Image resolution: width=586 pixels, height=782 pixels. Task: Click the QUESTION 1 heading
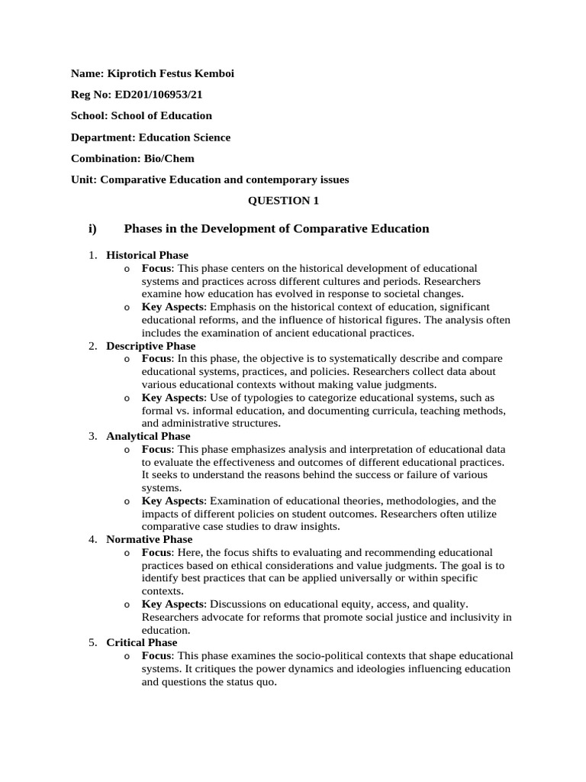(284, 201)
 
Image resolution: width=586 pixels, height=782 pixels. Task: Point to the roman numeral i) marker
(94, 229)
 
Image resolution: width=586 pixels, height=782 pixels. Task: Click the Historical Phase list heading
(147, 255)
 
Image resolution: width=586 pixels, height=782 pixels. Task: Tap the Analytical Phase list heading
(148, 436)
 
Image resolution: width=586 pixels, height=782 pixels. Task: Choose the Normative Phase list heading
(150, 539)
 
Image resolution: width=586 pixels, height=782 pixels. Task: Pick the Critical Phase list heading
(142, 643)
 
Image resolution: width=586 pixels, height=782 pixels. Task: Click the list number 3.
(92, 436)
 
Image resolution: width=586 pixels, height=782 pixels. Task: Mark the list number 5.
(92, 643)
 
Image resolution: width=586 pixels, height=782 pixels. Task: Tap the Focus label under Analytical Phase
(157, 449)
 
